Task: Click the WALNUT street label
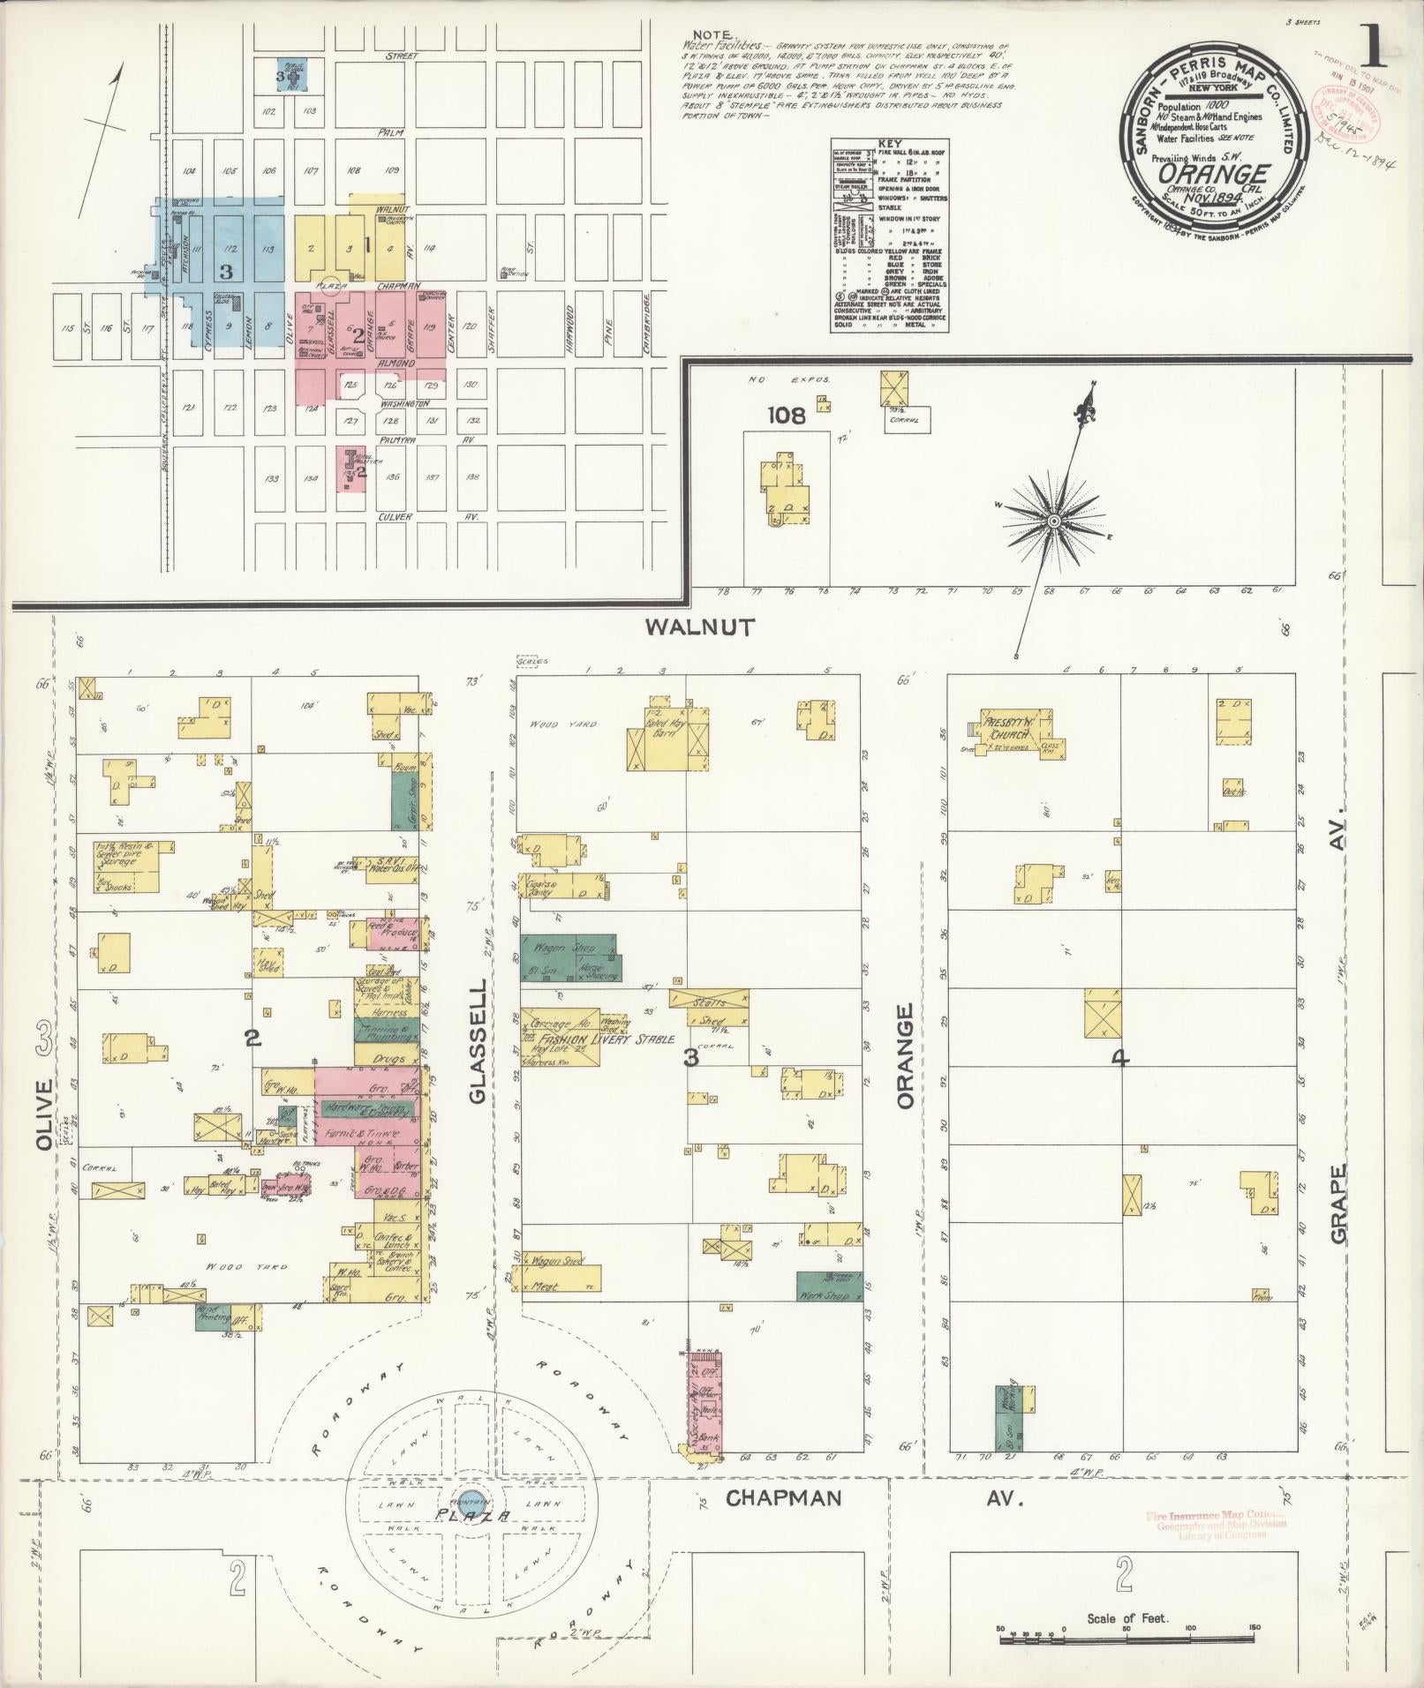pyautogui.click(x=699, y=627)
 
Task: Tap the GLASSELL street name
pyautogui.click(x=478, y=1039)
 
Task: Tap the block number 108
pyautogui.click(x=785, y=416)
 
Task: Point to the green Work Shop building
pyautogui.click(x=829, y=1287)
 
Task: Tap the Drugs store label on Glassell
pyautogui.click(x=388, y=1059)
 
